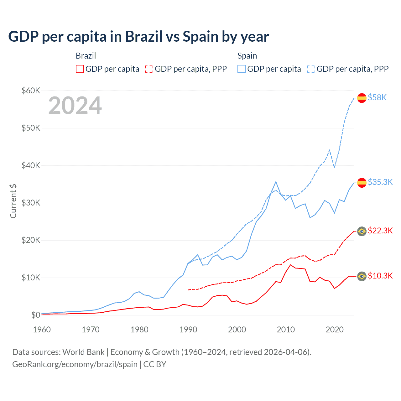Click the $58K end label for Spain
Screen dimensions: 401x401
click(x=377, y=98)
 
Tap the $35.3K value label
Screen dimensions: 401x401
click(x=380, y=182)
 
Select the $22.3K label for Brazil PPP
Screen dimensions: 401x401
click(x=380, y=231)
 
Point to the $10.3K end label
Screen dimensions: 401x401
click(x=380, y=276)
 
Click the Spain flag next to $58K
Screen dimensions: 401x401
click(x=362, y=98)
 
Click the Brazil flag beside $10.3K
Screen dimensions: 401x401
click(x=362, y=276)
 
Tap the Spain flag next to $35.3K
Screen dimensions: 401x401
click(x=362, y=183)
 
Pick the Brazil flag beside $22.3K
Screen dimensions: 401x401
click(x=362, y=232)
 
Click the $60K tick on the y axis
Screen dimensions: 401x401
click(x=31, y=91)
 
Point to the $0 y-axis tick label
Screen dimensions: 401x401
click(x=36, y=315)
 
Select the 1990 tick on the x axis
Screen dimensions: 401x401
click(x=188, y=330)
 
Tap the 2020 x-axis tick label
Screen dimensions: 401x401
click(x=335, y=330)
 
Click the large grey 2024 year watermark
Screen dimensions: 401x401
click(x=75, y=106)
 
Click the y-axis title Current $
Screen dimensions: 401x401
click(x=13, y=201)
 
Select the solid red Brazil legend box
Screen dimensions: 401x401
click(x=80, y=69)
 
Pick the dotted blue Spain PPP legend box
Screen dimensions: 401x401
click(x=311, y=69)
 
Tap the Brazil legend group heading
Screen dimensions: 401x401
click(x=86, y=56)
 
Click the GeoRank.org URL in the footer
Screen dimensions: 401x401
click(x=75, y=364)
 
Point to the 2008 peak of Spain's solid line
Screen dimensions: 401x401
click(x=276, y=182)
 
